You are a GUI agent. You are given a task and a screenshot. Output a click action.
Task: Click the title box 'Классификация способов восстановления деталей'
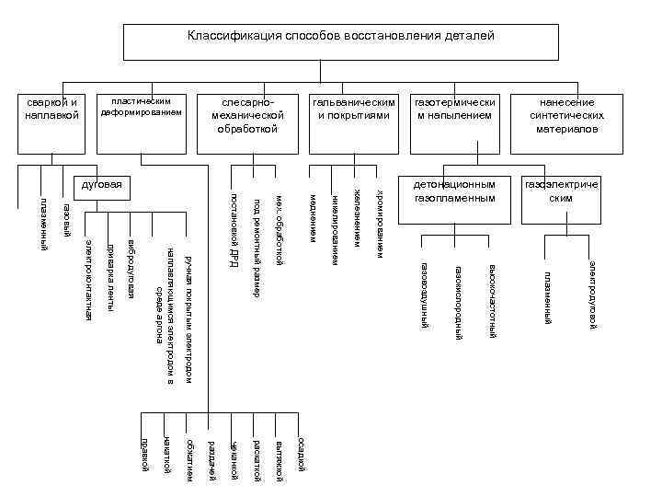340,37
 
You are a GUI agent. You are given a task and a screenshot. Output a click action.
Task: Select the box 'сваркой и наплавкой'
52,108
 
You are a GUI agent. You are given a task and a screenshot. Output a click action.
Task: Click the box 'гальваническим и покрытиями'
354,109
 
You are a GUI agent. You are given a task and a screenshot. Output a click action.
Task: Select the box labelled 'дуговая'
102,184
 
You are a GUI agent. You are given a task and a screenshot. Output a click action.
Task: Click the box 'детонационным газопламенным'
454,191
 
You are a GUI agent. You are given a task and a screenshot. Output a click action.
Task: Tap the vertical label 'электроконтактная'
88,278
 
